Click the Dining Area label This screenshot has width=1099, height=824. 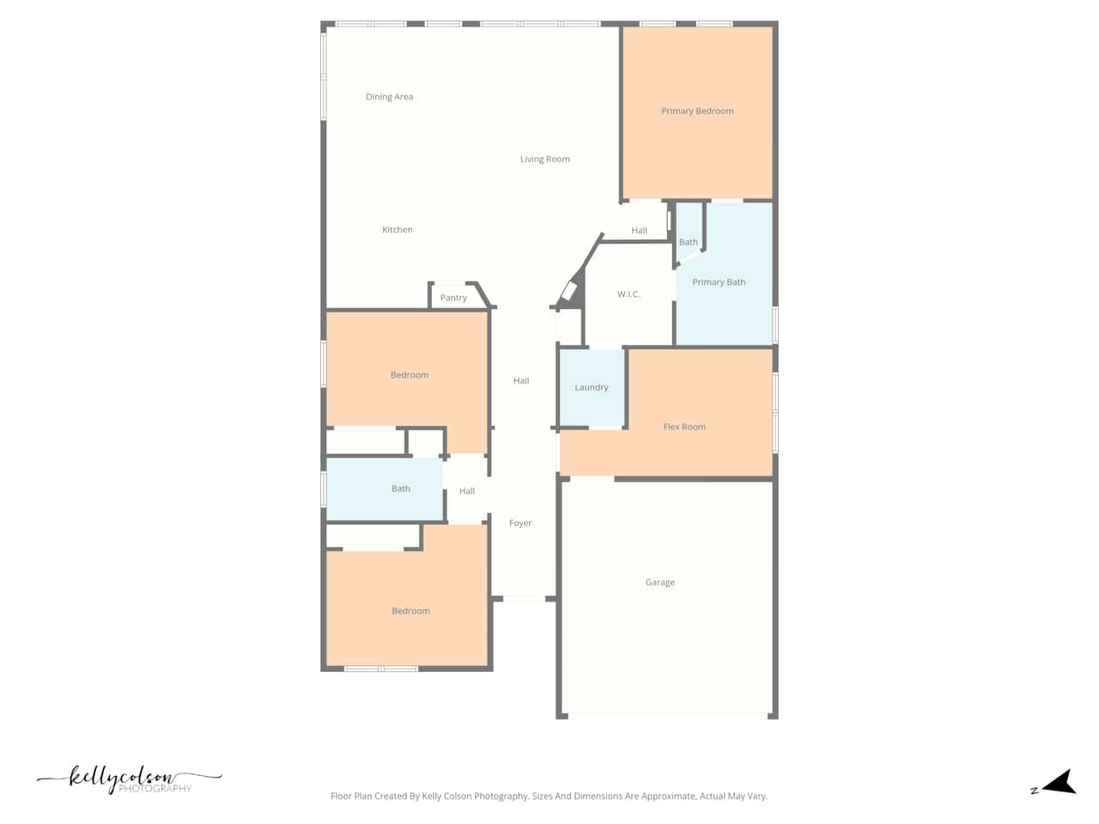coord(389,96)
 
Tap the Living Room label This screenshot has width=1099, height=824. coord(544,159)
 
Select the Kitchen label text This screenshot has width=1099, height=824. coord(397,230)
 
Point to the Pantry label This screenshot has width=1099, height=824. coord(453,298)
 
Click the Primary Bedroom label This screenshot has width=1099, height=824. coord(697,111)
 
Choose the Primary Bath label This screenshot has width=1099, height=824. coord(719,282)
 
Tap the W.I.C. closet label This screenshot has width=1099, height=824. coord(628,294)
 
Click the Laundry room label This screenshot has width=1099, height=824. coord(592,387)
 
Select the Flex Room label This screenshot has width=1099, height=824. coord(684,427)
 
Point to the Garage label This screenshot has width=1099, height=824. coord(660,582)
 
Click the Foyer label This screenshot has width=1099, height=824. coord(520,523)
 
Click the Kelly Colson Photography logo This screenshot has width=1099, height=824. coord(129,779)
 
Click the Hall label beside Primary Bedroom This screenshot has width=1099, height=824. coord(639,230)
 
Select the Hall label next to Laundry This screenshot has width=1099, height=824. coord(521,381)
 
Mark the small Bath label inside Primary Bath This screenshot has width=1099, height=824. coord(688,242)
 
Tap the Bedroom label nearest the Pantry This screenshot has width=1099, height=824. coord(410,375)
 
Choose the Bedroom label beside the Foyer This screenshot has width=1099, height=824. coord(410,611)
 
